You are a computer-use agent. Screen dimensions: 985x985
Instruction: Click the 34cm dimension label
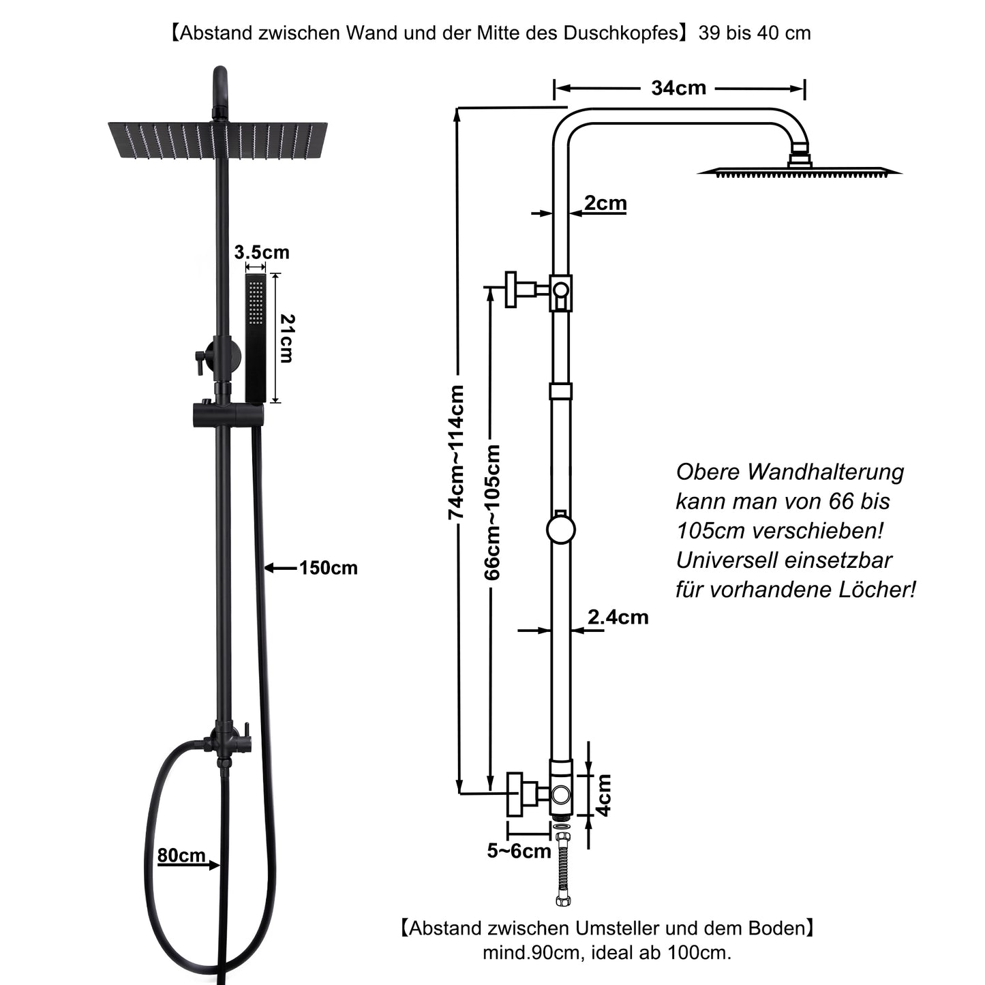(678, 88)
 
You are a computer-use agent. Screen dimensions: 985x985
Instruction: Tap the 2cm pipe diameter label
(605, 203)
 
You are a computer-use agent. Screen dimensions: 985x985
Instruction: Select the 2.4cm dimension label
(618, 618)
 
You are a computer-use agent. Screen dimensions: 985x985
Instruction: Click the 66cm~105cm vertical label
(492, 512)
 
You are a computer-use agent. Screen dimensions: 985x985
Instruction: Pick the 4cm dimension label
(603, 795)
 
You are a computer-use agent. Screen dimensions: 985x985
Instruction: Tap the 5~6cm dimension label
(519, 851)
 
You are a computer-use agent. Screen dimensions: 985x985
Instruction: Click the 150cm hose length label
(328, 568)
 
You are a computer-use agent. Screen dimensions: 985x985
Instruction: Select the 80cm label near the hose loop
(181, 855)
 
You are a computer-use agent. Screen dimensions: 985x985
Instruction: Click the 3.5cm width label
(262, 252)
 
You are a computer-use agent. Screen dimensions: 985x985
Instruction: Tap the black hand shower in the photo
(256, 337)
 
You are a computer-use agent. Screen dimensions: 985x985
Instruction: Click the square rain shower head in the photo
(217, 140)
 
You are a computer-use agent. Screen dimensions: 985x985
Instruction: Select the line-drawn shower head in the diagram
(799, 170)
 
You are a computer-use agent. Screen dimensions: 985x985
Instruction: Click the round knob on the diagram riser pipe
(561, 530)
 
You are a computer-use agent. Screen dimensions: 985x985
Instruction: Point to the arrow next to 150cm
(279, 568)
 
